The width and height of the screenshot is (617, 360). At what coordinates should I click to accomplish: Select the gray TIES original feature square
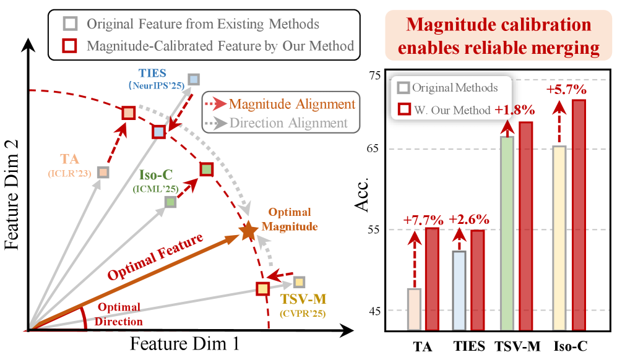pyautogui.click(x=194, y=79)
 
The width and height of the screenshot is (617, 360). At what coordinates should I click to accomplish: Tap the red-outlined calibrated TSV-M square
pyautogui.click(x=262, y=288)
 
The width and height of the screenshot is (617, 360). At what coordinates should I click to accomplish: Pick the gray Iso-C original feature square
pyautogui.click(x=170, y=202)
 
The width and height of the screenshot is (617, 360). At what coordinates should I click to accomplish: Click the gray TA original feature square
pyautogui.click(x=103, y=172)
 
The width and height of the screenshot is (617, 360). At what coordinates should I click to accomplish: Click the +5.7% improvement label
pyautogui.click(x=566, y=90)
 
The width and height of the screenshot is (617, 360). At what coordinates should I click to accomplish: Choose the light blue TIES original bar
pyautogui.click(x=459, y=290)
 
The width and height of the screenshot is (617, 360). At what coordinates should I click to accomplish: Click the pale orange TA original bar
pyautogui.click(x=414, y=309)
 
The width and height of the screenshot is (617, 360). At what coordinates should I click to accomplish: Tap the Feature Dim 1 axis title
pyautogui.click(x=184, y=343)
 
